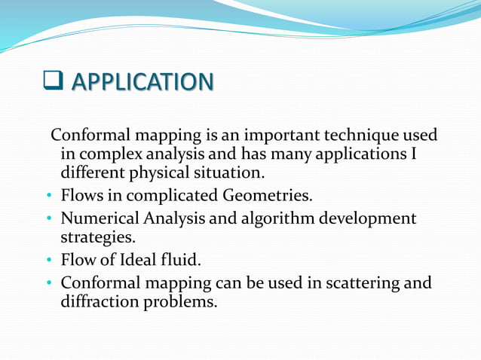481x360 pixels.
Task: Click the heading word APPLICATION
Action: point(142,81)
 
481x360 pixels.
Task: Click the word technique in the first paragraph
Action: point(362,136)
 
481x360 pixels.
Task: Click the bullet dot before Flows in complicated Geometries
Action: point(49,197)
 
